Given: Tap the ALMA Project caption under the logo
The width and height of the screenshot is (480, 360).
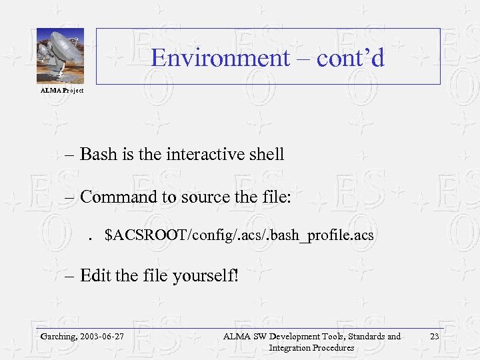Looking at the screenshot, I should pos(62,90).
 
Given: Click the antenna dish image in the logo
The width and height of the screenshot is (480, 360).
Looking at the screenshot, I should pos(58,53).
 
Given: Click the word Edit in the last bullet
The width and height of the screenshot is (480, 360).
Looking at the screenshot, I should pos(95,275).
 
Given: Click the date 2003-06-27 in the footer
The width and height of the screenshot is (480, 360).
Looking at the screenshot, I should pos(103,337).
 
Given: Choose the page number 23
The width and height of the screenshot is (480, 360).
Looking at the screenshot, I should pos(434,337).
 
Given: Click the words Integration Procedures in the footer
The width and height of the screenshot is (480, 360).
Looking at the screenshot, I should pos(311,347).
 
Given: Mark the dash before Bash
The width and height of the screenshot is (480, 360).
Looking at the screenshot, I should pos(71,155).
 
